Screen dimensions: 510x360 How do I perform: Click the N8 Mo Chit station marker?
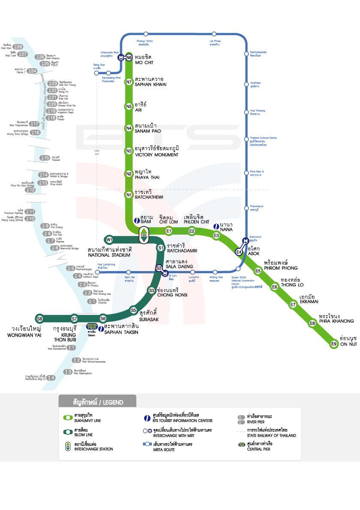(129, 57)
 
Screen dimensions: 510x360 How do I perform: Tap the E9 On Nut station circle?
(334, 344)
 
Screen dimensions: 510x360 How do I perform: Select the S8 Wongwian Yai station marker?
(39, 318)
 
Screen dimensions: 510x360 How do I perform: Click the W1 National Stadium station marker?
(110, 239)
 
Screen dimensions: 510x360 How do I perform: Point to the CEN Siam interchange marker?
(144, 234)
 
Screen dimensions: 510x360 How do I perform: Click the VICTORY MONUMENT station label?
(156, 155)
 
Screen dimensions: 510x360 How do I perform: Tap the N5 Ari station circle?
(129, 106)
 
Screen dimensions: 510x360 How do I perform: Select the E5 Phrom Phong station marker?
(258, 271)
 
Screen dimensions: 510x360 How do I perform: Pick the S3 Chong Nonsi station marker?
(151, 290)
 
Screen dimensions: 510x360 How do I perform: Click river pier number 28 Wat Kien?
(18, 47)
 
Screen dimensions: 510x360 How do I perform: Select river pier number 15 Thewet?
(45, 158)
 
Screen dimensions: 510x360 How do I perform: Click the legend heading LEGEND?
(110, 402)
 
